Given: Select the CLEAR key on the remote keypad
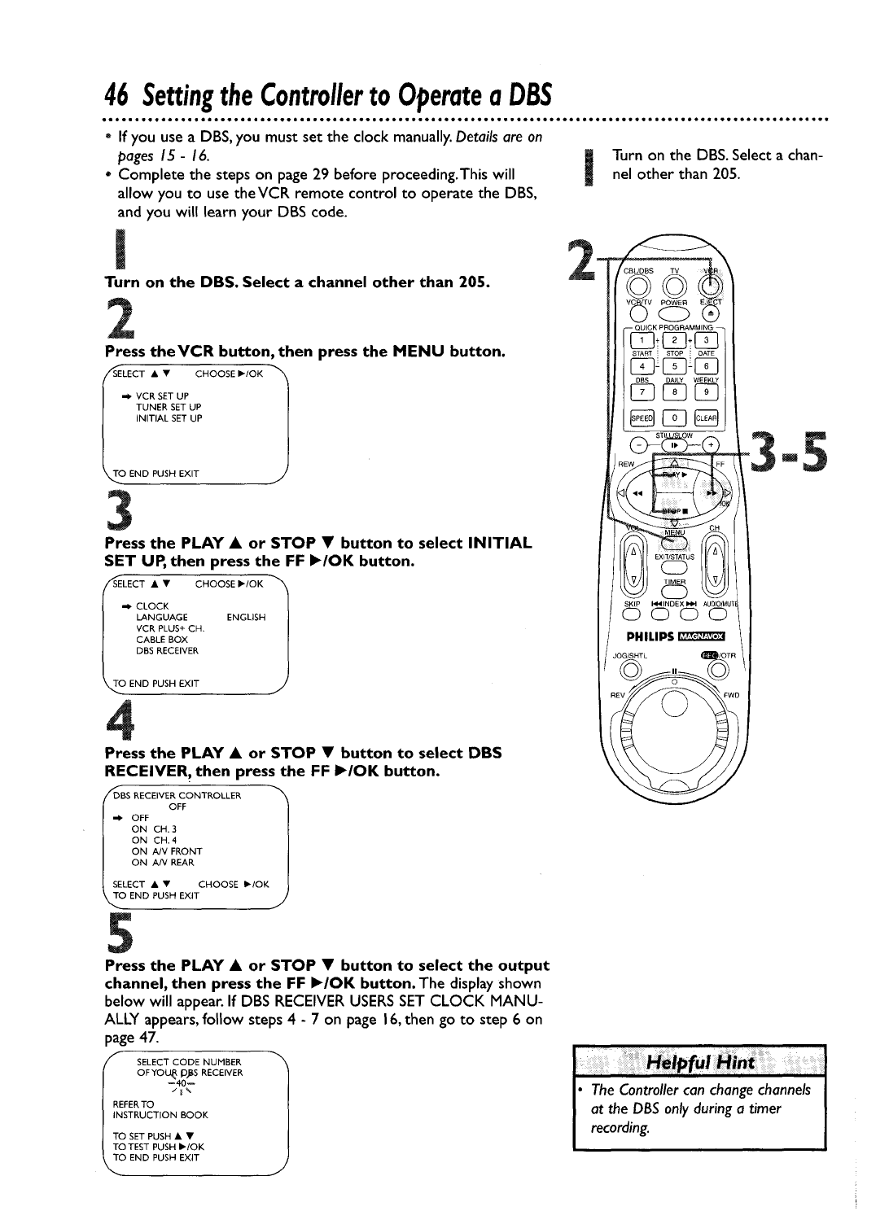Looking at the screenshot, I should tap(705, 419).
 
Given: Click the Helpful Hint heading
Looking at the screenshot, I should tap(700, 1063).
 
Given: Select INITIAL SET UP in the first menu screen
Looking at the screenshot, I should tap(169, 418).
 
